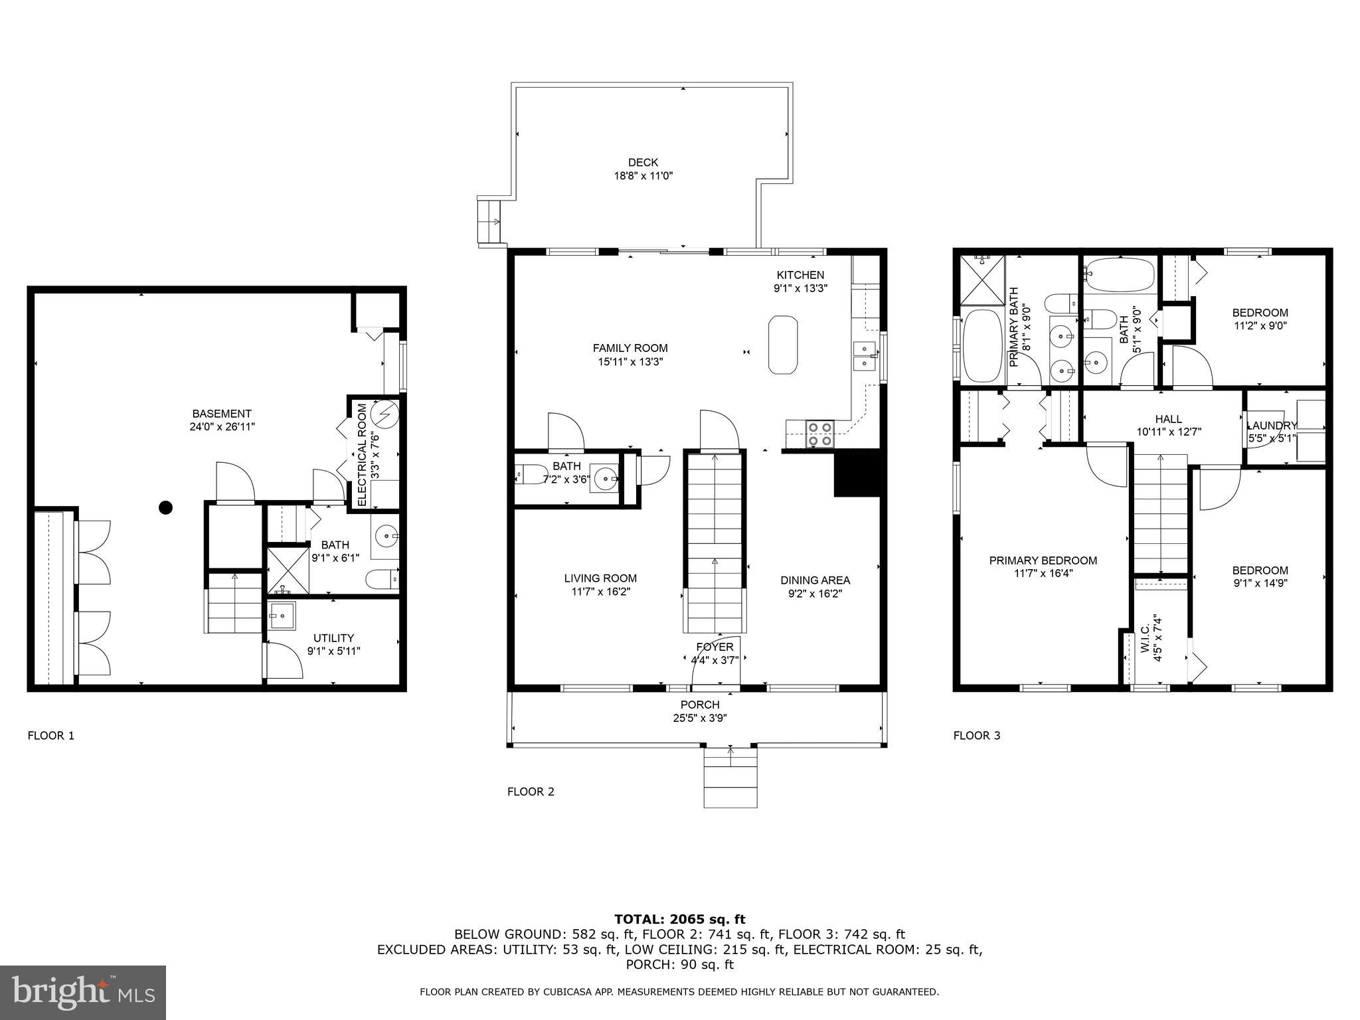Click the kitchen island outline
point(783,345)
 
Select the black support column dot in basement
point(166,508)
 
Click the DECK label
point(643,162)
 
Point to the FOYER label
point(715,647)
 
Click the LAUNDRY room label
point(1271,426)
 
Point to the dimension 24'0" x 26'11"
point(222,427)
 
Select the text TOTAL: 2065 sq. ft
point(679,919)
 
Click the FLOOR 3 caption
point(976,735)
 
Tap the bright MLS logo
point(83,992)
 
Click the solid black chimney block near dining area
point(859,473)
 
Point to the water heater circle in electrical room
point(384,414)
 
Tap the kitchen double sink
point(865,355)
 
